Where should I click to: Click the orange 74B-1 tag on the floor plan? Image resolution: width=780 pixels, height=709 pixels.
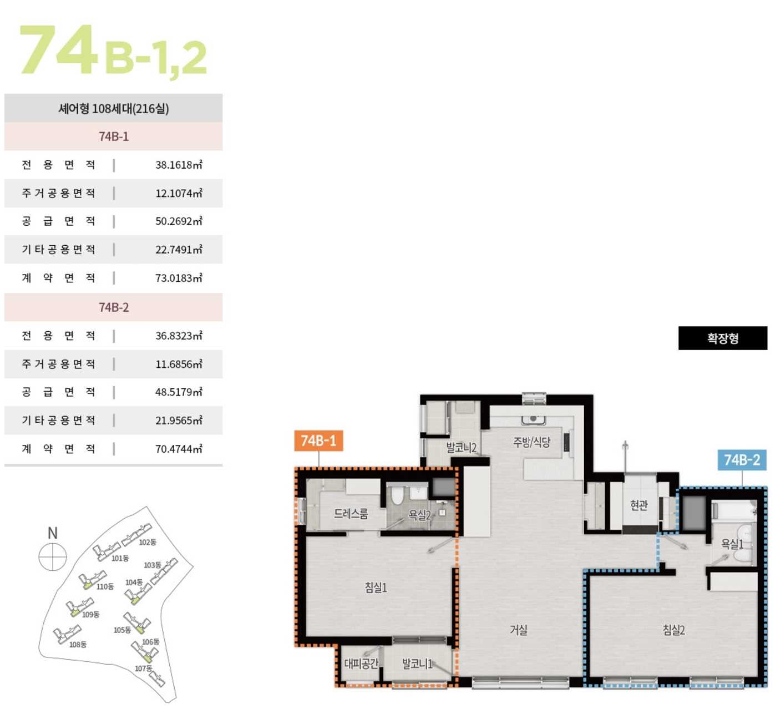pyautogui.click(x=318, y=440)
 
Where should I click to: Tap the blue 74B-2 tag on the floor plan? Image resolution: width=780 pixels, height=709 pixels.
pyautogui.click(x=742, y=460)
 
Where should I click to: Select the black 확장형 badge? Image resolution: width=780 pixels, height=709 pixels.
pyautogui.click(x=722, y=338)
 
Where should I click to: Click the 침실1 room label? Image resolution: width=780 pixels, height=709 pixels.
pyautogui.click(x=376, y=588)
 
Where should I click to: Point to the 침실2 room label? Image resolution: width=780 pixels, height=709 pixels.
pyautogui.click(x=673, y=630)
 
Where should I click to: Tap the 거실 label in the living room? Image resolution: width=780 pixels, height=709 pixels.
pyautogui.click(x=519, y=630)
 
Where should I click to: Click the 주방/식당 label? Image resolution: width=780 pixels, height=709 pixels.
pyautogui.click(x=531, y=442)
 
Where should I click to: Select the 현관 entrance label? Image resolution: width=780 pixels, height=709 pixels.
pyautogui.click(x=639, y=505)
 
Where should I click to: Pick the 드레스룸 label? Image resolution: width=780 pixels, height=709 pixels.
pyautogui.click(x=351, y=514)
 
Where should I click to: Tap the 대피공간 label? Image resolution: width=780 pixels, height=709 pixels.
pyautogui.click(x=361, y=664)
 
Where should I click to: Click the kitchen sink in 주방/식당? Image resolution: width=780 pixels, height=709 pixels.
pyautogui.click(x=534, y=419)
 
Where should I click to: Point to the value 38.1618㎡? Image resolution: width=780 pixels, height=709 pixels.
pyautogui.click(x=179, y=165)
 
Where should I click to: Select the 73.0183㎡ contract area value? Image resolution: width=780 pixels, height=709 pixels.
pyautogui.click(x=179, y=278)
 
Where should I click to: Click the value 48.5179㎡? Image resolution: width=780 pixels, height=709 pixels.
pyautogui.click(x=179, y=392)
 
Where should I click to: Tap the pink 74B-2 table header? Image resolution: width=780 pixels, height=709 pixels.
pyautogui.click(x=114, y=307)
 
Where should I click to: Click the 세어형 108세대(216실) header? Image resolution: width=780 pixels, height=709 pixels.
pyautogui.click(x=114, y=108)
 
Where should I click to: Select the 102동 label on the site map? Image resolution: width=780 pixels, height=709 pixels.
pyautogui.click(x=148, y=542)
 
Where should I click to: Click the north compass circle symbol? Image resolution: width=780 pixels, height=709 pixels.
pyautogui.click(x=53, y=556)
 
